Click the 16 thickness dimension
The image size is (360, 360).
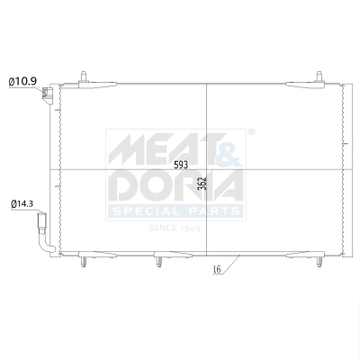217,269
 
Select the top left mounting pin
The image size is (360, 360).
83,76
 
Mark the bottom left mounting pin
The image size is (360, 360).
84,263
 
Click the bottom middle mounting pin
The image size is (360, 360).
158,263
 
